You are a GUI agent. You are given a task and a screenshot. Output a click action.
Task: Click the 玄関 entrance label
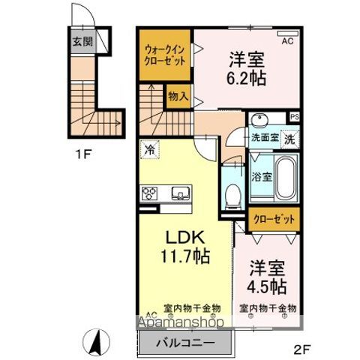coord(82,41)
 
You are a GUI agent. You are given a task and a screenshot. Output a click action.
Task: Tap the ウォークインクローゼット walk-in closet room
coord(165,55)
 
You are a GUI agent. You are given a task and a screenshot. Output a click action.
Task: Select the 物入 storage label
coord(178,97)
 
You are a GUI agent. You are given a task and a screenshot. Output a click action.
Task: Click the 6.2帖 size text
coord(246,79)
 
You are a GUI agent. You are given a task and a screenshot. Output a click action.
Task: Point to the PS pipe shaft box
coord(295,117)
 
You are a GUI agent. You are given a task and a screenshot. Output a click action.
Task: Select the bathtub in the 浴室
coord(286,177)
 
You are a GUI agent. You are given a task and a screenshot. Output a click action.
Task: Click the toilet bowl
coord(232,196)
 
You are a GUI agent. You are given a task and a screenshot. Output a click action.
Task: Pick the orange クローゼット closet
coord(274,219)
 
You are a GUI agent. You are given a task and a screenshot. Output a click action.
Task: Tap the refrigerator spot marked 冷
coord(150,149)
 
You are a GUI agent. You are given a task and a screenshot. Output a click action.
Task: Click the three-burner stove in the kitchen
coord(149,193)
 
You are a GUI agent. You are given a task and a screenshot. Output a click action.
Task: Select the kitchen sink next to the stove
coord(181,193)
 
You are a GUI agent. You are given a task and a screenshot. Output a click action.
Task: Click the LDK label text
coord(186,238)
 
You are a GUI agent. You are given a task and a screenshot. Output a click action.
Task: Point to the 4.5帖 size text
coord(266,287)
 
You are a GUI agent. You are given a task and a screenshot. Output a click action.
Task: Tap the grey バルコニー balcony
coord(185,343)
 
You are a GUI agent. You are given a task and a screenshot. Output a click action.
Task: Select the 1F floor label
coord(82,154)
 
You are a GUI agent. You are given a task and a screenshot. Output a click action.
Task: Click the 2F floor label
coord(301,349)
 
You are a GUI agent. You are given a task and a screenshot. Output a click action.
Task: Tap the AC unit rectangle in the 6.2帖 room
coord(288,33)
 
